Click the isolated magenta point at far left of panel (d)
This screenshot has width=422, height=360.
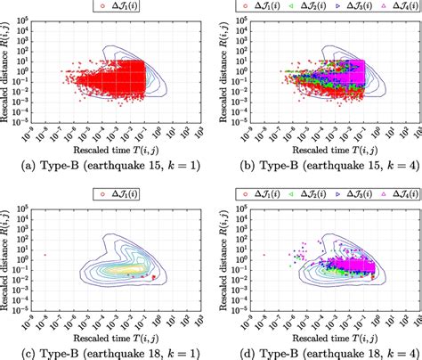(264, 255)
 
